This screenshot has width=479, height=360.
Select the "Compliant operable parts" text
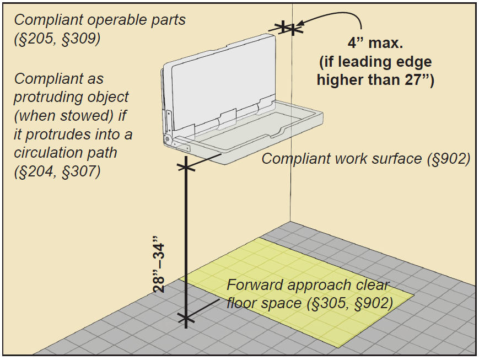click(100, 20)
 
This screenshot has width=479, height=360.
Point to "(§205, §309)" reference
click(57, 39)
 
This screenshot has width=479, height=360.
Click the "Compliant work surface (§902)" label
click(365, 159)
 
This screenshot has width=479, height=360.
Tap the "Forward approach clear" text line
click(308, 285)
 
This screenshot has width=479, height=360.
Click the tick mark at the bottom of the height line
click(186, 318)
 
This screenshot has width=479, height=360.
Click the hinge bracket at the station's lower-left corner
click(168, 138)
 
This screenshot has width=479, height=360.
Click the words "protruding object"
click(71, 97)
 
